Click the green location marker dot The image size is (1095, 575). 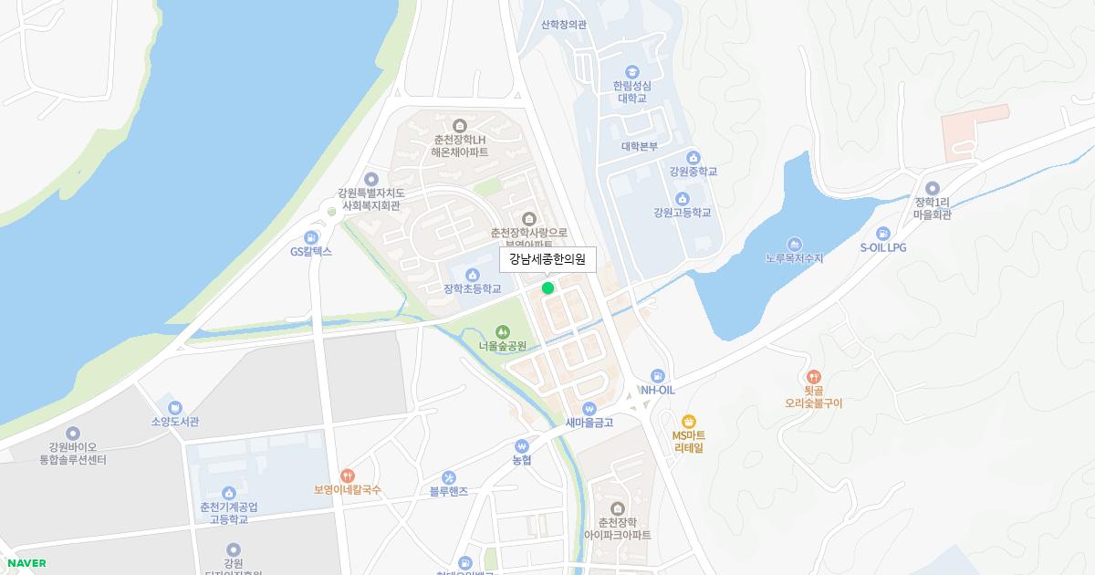click(547, 288)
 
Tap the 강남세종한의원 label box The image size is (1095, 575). click(547, 260)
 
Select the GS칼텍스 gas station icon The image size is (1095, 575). click(312, 237)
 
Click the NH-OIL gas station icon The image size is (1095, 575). click(657, 376)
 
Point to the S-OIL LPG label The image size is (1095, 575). click(882, 247)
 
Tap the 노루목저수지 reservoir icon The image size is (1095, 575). click(794, 245)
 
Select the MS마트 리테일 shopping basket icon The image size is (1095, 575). click(689, 422)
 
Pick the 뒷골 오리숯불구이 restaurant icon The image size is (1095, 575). click(814, 376)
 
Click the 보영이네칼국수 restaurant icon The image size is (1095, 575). click(347, 476)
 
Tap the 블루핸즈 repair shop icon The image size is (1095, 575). click(449, 477)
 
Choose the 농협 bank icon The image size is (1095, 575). click(522, 446)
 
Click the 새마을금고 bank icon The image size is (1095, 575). click(589, 408)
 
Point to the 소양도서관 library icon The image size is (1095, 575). click(175, 408)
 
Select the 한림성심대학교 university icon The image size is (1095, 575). click(631, 71)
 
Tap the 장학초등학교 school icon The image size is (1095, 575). click(473, 275)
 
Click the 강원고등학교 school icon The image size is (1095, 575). click(682, 199)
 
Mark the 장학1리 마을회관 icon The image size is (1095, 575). click(933, 188)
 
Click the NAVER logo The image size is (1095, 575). click(26, 563)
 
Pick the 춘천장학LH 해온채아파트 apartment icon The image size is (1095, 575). click(460, 125)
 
